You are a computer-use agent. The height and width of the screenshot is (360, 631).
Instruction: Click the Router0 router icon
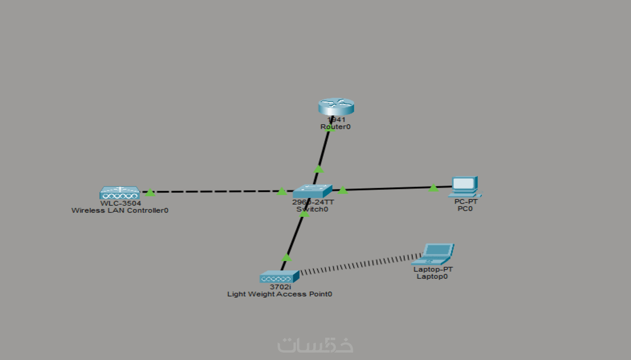click(x=336, y=107)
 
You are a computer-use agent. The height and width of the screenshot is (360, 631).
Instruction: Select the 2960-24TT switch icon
click(x=312, y=191)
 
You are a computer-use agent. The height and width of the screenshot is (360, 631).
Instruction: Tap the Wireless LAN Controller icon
click(x=120, y=193)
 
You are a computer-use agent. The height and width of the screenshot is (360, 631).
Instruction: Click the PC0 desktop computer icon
click(x=465, y=187)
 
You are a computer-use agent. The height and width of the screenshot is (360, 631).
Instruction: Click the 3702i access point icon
click(x=279, y=277)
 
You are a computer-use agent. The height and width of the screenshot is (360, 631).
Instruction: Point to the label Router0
click(x=336, y=127)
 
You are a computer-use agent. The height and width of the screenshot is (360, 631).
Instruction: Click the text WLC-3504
click(x=121, y=203)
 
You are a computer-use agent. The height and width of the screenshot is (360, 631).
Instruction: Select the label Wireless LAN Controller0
click(x=120, y=210)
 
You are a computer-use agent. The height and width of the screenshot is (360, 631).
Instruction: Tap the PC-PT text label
click(x=466, y=202)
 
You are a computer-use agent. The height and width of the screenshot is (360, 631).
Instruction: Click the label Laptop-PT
click(x=433, y=269)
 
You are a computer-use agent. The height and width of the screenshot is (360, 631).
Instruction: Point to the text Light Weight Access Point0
click(x=279, y=294)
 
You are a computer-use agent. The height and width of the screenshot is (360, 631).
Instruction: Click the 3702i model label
click(x=280, y=287)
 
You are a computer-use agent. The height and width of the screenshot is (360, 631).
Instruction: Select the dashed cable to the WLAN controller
click(x=215, y=192)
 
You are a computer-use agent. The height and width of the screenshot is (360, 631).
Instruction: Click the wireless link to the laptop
click(x=360, y=265)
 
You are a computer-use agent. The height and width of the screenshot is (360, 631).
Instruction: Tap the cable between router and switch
click(x=323, y=152)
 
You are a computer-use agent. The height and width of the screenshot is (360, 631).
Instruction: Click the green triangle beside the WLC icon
click(x=150, y=193)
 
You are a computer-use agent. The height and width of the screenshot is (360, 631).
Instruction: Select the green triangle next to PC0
click(x=433, y=188)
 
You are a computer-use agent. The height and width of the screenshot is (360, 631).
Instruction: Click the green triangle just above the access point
click(x=287, y=258)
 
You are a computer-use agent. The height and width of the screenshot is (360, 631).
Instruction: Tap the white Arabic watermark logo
click(x=315, y=345)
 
